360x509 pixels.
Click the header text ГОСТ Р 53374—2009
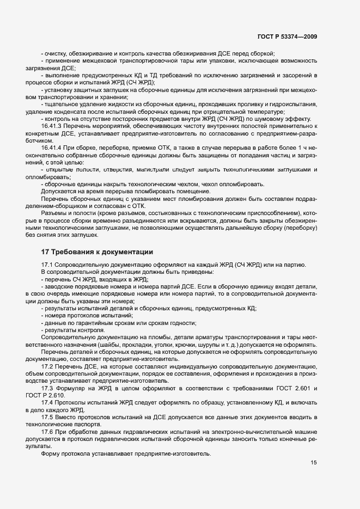point(287,36)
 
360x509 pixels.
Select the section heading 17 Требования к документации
point(97,252)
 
